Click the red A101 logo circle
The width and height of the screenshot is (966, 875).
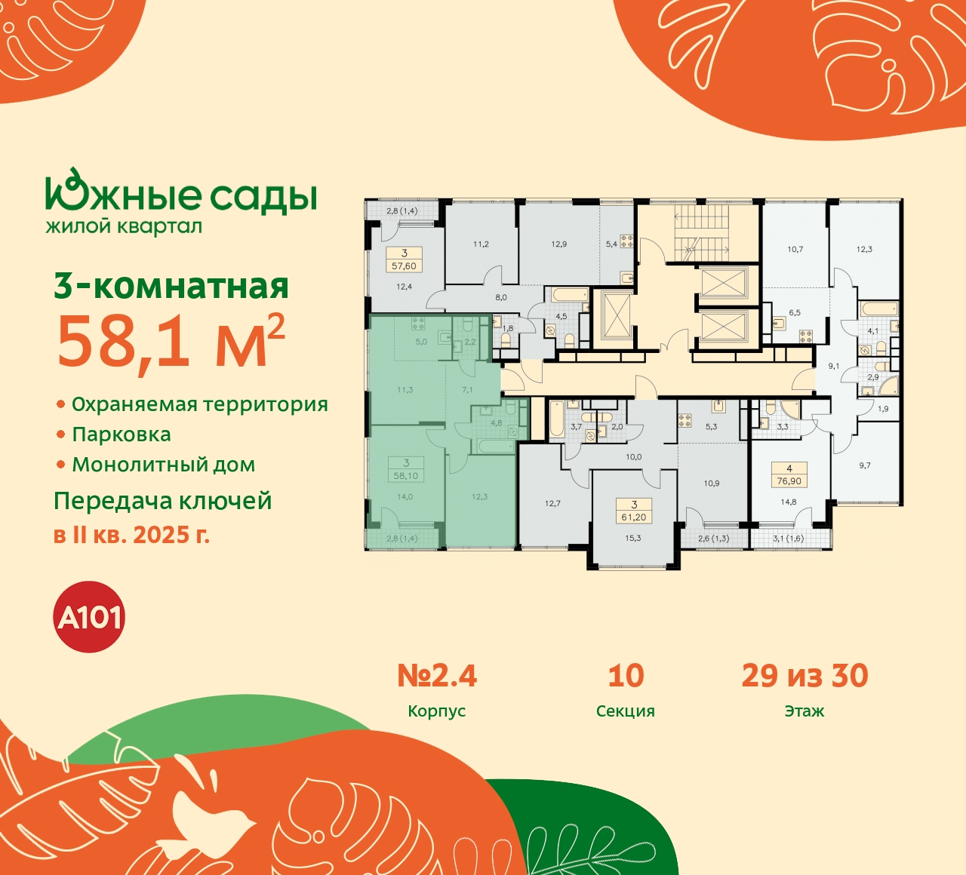pos(90,617)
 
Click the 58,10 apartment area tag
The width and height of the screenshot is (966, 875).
pos(406,476)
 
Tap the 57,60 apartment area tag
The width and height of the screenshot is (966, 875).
pos(405,266)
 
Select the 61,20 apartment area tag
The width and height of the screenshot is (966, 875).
pos(634,517)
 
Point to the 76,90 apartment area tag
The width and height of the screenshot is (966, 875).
pos(789,481)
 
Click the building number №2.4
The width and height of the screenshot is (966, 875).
pos(437,676)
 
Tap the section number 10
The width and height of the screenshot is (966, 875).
pos(626,676)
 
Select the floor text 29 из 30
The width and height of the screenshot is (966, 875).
pos(804,676)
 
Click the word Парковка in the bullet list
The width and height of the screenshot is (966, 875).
pos(122,434)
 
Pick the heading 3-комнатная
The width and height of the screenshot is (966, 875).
pos(171,287)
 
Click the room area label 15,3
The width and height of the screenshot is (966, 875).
pos(633,538)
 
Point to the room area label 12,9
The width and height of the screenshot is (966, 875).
pos(558,244)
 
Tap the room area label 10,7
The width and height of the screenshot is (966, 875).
pos(795,249)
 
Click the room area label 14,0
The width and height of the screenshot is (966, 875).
pos(405,497)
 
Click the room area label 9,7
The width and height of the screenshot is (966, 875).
pos(865,465)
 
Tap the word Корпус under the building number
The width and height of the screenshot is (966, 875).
pos(436,711)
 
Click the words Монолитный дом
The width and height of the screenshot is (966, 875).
pos(164,465)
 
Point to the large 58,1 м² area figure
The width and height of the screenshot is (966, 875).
pos(171,341)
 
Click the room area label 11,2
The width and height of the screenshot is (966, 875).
pos(481,244)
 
